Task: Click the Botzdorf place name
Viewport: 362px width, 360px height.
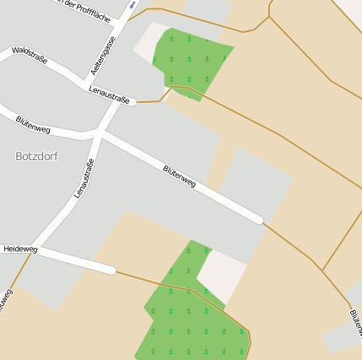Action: tap(36, 156)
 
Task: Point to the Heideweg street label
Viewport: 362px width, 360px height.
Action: tap(20, 250)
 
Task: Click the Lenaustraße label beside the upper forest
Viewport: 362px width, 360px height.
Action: tap(109, 99)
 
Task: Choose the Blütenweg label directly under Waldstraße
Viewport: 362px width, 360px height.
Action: tap(33, 125)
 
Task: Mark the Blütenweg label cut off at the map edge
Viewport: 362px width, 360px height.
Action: tap(354, 324)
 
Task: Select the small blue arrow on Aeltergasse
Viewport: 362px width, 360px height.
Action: tap(132, 5)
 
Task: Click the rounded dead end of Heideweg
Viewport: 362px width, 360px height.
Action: tap(111, 270)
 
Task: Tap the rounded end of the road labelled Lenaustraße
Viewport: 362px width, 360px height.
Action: tap(132, 103)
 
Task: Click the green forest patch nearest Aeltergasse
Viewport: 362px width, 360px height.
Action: tap(191, 61)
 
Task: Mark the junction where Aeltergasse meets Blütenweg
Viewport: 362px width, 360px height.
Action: tap(100, 133)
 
